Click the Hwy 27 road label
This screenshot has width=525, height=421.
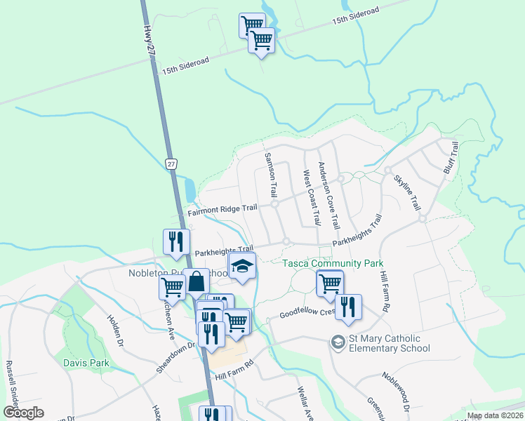tap(149, 41)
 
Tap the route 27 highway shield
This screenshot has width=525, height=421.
tap(171, 163)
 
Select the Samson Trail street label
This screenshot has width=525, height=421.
tap(270, 174)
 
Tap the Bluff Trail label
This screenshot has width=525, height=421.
tap(451, 158)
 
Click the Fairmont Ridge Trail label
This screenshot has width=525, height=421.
tap(222, 209)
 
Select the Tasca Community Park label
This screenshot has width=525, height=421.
tap(333, 263)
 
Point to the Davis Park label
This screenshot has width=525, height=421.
tap(87, 363)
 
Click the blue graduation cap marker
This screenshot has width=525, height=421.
tap(242, 267)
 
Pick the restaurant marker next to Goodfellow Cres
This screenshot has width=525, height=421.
tap(347, 307)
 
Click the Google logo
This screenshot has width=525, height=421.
tap(23, 413)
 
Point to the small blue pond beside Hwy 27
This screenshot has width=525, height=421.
tap(190, 188)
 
